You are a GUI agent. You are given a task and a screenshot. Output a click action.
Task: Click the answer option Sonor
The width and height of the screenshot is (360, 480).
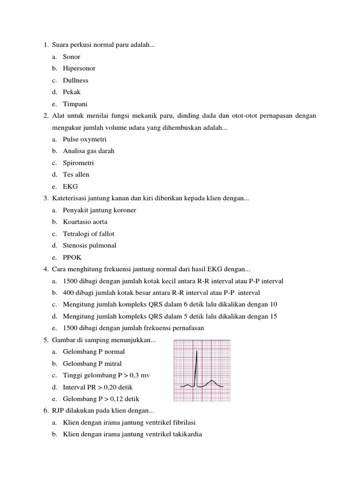(72, 57)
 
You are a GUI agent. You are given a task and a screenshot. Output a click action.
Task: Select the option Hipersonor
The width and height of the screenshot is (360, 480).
(79, 68)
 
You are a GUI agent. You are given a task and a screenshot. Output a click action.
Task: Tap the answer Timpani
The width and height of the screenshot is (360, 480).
(75, 104)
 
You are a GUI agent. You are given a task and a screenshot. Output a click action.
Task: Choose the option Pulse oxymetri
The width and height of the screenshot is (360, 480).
(85, 139)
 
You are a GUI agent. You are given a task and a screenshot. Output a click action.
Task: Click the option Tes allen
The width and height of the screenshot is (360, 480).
(76, 174)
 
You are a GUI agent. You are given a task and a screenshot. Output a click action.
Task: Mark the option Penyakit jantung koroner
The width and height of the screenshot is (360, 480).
(99, 210)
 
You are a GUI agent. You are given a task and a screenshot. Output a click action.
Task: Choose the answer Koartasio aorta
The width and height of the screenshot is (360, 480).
(85, 222)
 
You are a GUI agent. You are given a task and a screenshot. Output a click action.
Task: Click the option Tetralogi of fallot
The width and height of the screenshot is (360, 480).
(89, 233)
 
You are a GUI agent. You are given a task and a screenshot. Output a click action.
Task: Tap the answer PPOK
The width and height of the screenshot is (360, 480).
(72, 257)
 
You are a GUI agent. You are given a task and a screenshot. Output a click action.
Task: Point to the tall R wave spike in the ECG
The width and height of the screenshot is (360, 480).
(197, 366)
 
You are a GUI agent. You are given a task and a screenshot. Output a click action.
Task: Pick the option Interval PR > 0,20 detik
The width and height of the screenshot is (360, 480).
(98, 387)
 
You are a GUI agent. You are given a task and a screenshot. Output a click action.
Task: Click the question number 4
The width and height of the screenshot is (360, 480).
(46, 269)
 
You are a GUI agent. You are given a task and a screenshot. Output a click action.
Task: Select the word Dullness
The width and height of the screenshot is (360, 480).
(75, 80)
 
